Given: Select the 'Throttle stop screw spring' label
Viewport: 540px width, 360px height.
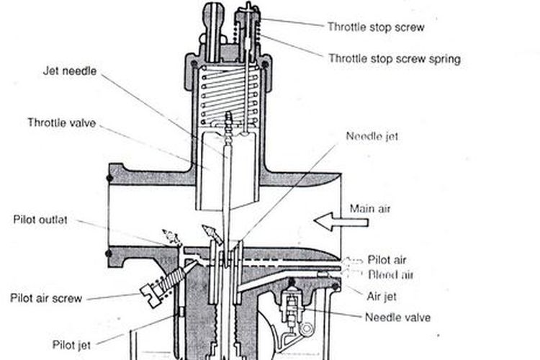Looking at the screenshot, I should [394, 58].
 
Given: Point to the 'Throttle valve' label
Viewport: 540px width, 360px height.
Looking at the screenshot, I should [61, 122].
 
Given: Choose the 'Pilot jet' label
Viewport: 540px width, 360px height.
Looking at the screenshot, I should [71, 343].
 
